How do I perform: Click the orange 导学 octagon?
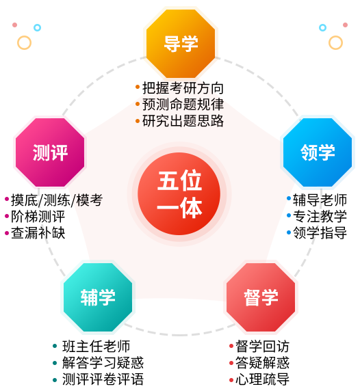pyautogui.click(x=181, y=43)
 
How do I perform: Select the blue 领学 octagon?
pyautogui.click(x=318, y=152)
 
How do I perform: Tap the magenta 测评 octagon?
pyautogui.click(x=50, y=152)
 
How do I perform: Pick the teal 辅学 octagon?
pyautogui.click(x=98, y=297)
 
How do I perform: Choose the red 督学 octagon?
pyautogui.click(x=261, y=297)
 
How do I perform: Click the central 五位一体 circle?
pyautogui.click(x=179, y=193)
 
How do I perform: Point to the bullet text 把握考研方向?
pyautogui.click(x=183, y=88)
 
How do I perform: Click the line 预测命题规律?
pyautogui.click(x=183, y=104)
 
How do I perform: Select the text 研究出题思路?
pyautogui.click(x=183, y=121)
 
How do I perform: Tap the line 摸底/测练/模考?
pyautogui.click(x=57, y=200)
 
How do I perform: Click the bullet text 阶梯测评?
pyautogui.click(x=38, y=217)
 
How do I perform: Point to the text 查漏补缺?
pyautogui.click(x=38, y=233)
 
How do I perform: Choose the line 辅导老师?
pyautogui.click(x=320, y=200)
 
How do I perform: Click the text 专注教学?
pyautogui.click(x=320, y=217)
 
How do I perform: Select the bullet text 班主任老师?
pyautogui.click(x=96, y=346)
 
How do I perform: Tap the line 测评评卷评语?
pyautogui.click(x=103, y=379)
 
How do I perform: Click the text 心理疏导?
pyautogui.click(x=262, y=379)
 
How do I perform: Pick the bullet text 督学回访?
pyautogui.click(x=262, y=346)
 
